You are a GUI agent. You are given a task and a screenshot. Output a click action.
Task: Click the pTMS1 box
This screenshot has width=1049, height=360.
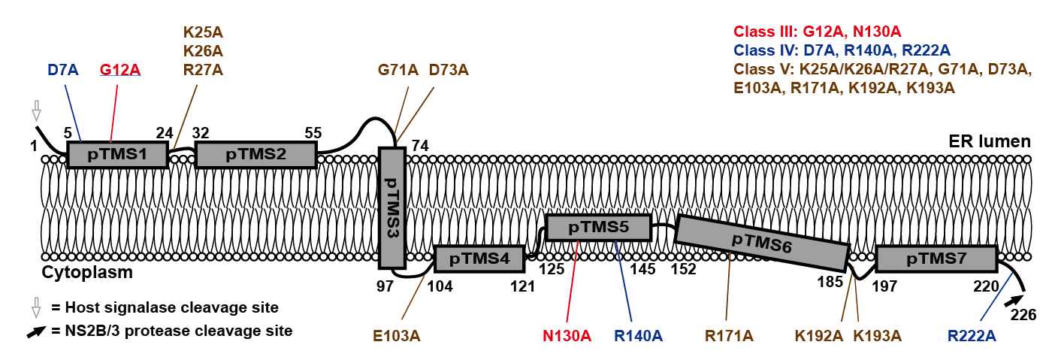pyautogui.click(x=116, y=155)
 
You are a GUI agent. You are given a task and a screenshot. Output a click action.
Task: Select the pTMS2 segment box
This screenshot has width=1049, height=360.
pyautogui.click(x=256, y=155)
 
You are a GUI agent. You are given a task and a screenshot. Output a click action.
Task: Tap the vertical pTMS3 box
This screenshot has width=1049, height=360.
pyautogui.click(x=391, y=207)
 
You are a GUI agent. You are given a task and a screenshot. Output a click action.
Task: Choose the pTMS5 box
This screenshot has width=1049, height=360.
pyautogui.click(x=598, y=227)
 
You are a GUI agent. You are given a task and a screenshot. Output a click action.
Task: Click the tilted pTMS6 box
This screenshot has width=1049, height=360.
pyautogui.click(x=762, y=242)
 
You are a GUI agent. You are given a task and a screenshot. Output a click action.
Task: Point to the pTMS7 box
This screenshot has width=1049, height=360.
pyautogui.click(x=936, y=259)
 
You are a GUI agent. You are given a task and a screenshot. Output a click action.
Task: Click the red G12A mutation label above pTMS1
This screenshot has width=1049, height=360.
pyautogui.click(x=120, y=71)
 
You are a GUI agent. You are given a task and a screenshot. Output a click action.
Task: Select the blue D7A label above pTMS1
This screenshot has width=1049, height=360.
pyautogui.click(x=63, y=71)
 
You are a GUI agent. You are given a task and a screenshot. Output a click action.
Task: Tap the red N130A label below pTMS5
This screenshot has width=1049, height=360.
pyautogui.click(x=567, y=335)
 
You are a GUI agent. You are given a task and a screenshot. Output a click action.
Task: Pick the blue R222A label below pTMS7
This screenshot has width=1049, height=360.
pyautogui.click(x=972, y=335)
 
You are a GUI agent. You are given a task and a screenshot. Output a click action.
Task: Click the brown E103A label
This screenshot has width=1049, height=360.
pyautogui.click(x=396, y=335)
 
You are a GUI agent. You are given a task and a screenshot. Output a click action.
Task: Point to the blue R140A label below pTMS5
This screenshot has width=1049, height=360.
pyautogui.click(x=638, y=335)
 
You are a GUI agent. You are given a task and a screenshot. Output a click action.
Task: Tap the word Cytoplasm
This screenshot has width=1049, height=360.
pyautogui.click(x=87, y=272)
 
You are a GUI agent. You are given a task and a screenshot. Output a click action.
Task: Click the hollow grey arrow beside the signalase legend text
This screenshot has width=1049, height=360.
pyautogui.click(x=35, y=307)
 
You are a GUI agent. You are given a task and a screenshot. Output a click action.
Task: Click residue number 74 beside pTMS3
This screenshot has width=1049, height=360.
pyautogui.click(x=419, y=145)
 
